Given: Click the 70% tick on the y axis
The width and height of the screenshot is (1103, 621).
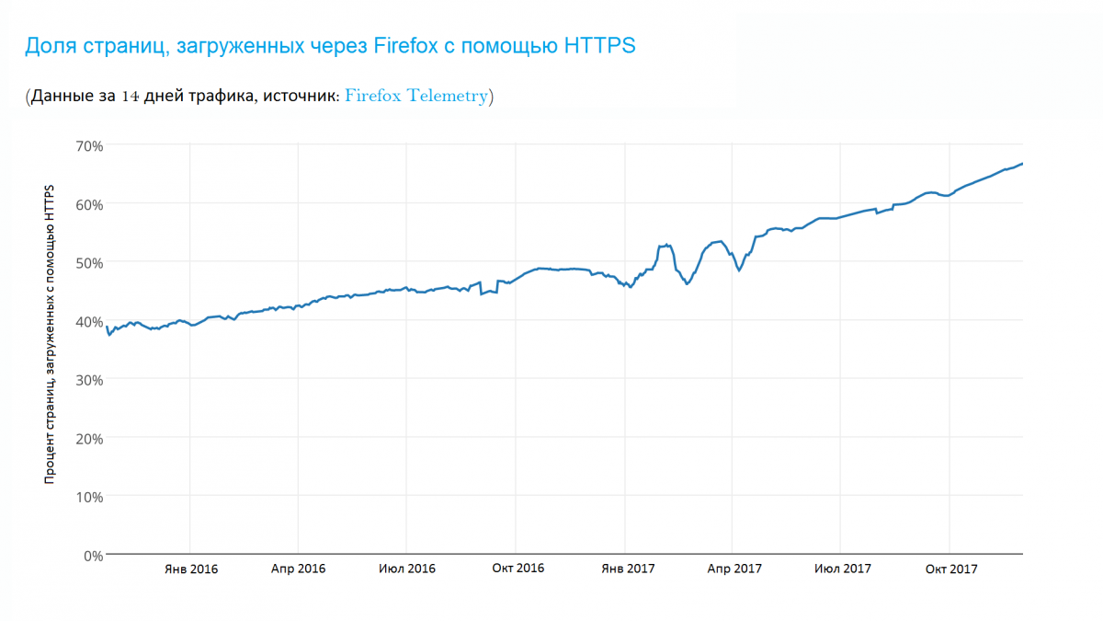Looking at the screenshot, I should click(89, 144).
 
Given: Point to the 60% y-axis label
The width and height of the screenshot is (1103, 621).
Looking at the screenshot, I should click(89, 203).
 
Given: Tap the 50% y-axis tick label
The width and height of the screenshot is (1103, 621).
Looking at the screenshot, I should click(89, 262).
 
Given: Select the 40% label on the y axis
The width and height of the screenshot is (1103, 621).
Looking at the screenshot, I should click(89, 320).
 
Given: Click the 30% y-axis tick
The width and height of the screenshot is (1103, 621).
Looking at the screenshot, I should click(89, 379).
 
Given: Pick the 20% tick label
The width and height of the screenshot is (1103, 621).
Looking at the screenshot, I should click(89, 438).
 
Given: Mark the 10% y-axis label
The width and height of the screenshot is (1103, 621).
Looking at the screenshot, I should click(89, 496).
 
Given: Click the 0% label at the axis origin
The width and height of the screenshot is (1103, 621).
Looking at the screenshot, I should click(93, 555).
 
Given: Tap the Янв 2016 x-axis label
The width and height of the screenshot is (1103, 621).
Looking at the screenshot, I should click(191, 569).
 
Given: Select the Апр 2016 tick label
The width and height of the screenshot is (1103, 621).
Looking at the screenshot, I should click(299, 569).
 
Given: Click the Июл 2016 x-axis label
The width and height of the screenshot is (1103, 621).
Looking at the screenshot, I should click(407, 569).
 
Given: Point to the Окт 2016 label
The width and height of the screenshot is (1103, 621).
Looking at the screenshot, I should click(517, 569).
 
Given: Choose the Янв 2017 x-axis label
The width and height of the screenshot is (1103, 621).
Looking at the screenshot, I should click(628, 569).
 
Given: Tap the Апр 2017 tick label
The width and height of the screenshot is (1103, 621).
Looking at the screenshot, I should click(734, 569).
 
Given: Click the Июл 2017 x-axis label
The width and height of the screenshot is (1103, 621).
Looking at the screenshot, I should click(843, 569).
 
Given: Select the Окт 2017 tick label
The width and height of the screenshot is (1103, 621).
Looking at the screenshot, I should click(951, 569).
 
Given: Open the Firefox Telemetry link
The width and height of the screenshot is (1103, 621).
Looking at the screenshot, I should click(415, 97).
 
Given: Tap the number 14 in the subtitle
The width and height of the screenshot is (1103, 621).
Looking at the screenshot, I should click(130, 97).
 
